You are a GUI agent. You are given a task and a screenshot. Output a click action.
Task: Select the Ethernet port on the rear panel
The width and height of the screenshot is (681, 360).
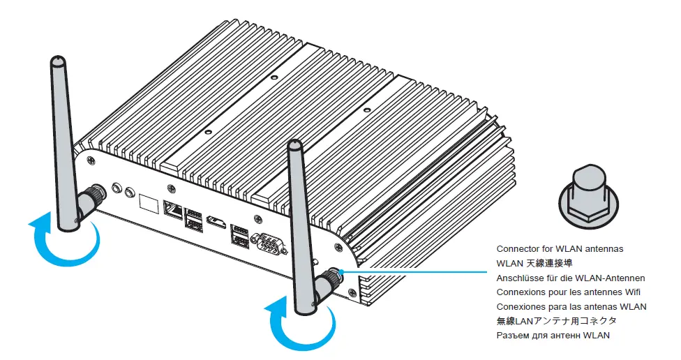[172, 207]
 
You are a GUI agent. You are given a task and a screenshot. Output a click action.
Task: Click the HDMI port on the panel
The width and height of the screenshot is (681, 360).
[217, 223]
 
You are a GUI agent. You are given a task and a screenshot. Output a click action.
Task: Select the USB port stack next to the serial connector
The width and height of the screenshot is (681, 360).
[239, 234]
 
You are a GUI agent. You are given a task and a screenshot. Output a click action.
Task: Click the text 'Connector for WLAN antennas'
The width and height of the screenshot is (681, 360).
[560, 249]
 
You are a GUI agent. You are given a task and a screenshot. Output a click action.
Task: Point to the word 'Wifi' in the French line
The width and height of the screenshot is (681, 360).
[631, 292]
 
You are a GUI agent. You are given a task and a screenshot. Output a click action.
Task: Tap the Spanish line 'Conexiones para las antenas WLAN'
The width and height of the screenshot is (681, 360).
[571, 307]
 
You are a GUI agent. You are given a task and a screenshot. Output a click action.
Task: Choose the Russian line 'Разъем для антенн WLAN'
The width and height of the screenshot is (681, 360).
[553, 336]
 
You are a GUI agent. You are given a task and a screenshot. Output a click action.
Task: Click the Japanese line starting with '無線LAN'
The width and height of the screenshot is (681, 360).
[556, 322]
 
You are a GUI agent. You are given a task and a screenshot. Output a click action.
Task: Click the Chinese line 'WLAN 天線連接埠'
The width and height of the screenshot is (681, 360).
[534, 264]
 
